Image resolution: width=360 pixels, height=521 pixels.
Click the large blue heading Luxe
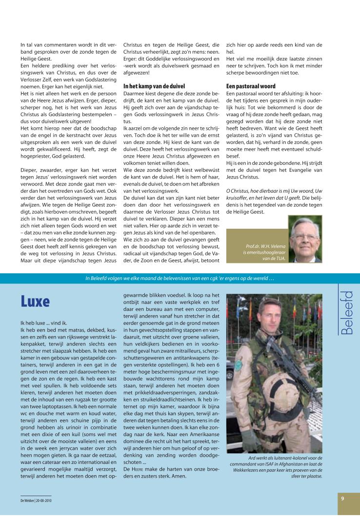tap(35, 302)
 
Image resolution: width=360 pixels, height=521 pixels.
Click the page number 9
tap(343, 498)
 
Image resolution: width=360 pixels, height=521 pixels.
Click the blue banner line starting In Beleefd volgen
tap(180, 279)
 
